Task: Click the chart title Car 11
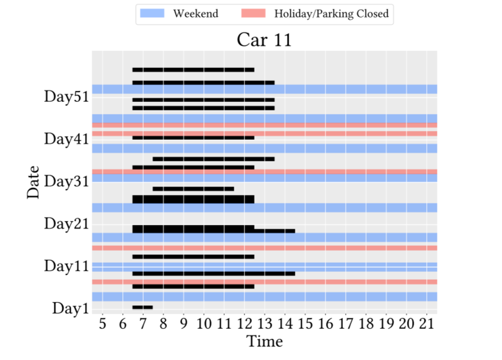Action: click(264, 40)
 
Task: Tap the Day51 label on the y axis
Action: click(66, 97)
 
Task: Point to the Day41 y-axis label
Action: click(66, 139)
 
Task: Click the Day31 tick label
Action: click(66, 182)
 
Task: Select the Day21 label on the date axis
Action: click(66, 224)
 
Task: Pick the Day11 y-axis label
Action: click(66, 266)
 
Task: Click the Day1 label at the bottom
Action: click(70, 308)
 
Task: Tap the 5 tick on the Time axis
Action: click(102, 324)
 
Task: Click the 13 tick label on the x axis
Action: click(265, 324)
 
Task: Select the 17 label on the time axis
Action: click(346, 324)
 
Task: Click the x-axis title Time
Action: click(264, 342)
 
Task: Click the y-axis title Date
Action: click(33, 182)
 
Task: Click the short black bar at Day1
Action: click(143, 307)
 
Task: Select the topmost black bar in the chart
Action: click(193, 70)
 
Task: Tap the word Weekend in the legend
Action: click(195, 14)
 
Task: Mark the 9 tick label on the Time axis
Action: click(183, 324)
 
